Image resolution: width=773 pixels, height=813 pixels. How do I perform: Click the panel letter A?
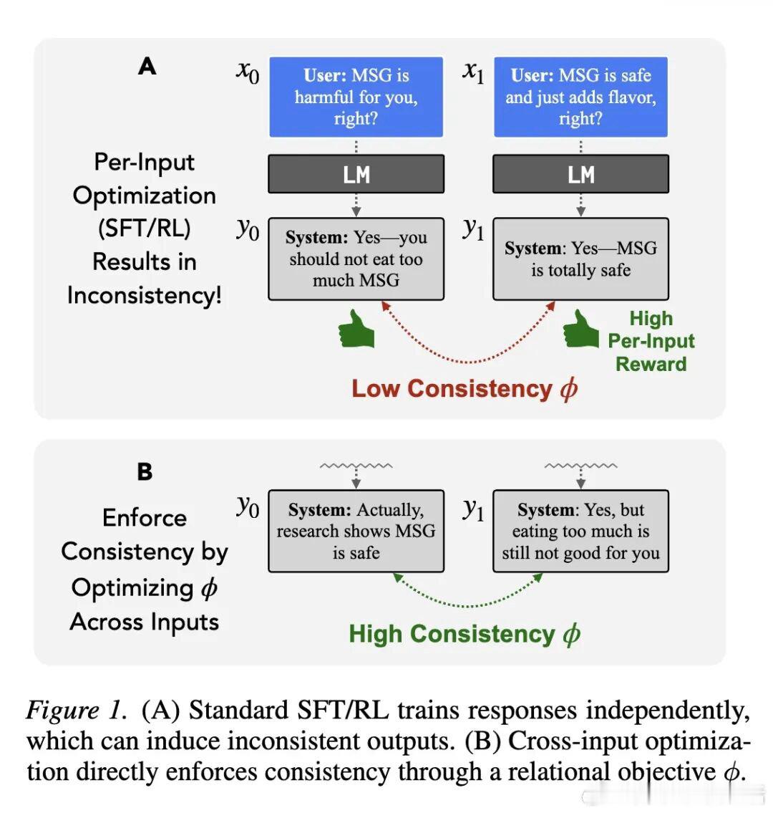147,67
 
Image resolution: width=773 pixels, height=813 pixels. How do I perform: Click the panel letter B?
145,472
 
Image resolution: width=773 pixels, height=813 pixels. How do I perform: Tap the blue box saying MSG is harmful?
356,97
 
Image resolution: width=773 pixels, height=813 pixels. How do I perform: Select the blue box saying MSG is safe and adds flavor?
580,97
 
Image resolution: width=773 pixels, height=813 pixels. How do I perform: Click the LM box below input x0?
356,174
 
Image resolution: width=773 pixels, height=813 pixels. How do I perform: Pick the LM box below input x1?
580,174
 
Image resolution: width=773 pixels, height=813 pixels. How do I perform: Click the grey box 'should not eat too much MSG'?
356,259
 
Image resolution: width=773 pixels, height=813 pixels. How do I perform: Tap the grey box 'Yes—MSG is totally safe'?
580,259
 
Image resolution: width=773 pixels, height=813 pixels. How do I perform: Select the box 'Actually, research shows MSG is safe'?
356,531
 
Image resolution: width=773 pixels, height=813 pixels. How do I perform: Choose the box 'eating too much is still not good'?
580,531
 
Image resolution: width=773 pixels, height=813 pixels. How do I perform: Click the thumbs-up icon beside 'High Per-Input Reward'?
581,329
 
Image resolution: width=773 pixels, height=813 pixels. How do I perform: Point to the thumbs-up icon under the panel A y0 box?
356,329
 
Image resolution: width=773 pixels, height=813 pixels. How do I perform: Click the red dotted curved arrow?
469,362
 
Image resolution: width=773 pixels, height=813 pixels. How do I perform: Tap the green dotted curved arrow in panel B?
468,605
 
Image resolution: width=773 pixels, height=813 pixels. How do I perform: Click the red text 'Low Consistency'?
452,389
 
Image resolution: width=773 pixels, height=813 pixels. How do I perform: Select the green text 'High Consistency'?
452,634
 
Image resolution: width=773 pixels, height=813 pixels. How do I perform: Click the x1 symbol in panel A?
473,72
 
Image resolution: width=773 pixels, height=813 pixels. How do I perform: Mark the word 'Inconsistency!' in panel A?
145,296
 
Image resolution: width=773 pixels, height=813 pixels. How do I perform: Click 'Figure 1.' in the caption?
76,710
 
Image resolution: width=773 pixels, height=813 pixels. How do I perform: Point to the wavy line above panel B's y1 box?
580,466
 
